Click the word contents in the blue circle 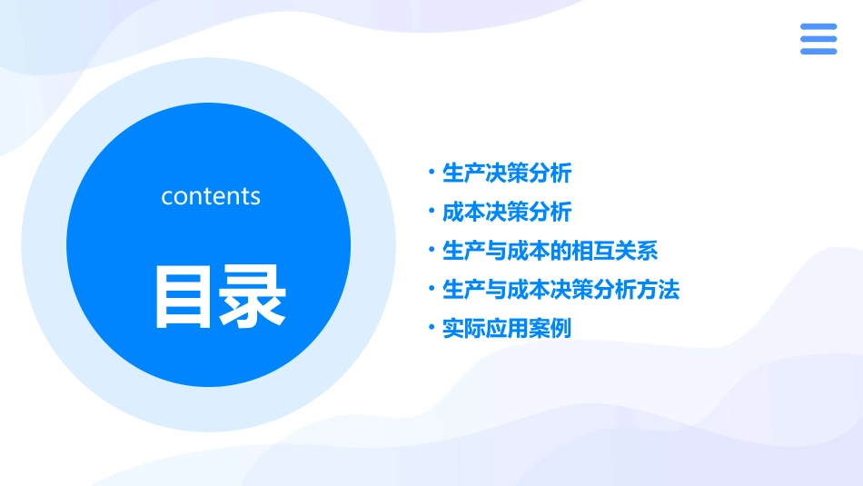point(211,196)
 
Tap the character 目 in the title point(184,297)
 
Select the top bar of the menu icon point(818,27)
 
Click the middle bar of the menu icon point(818,39)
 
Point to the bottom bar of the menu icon point(818,51)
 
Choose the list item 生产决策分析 point(506,173)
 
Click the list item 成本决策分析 point(506,212)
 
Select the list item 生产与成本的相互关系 point(550,251)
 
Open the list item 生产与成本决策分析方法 point(560,290)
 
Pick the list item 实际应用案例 point(506,329)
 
